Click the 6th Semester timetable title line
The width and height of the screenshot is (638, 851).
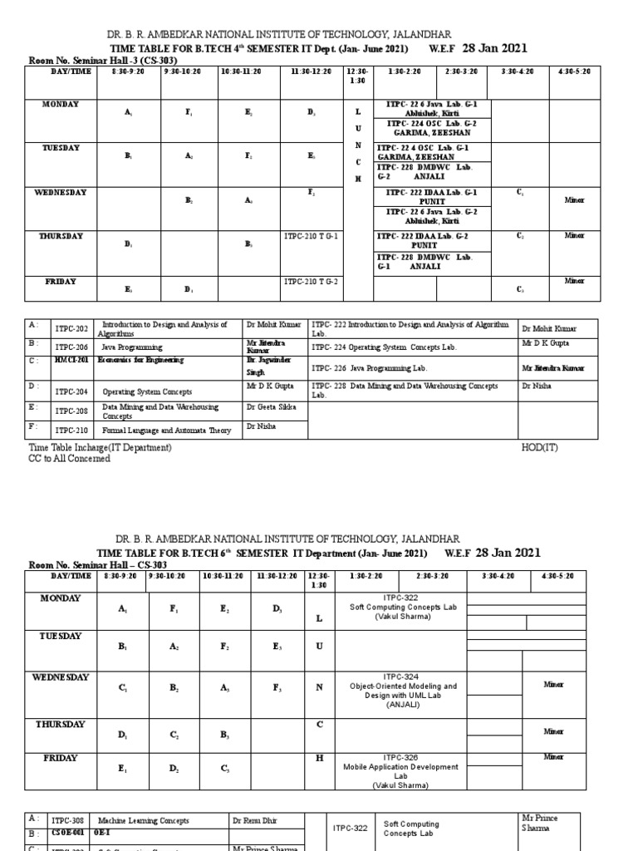319,553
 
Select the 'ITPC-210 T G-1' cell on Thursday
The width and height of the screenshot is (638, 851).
311,237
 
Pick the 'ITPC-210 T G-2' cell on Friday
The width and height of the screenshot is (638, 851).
311,282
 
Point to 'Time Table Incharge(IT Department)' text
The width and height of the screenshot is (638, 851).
101,447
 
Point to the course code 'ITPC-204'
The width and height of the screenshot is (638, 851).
71,391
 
